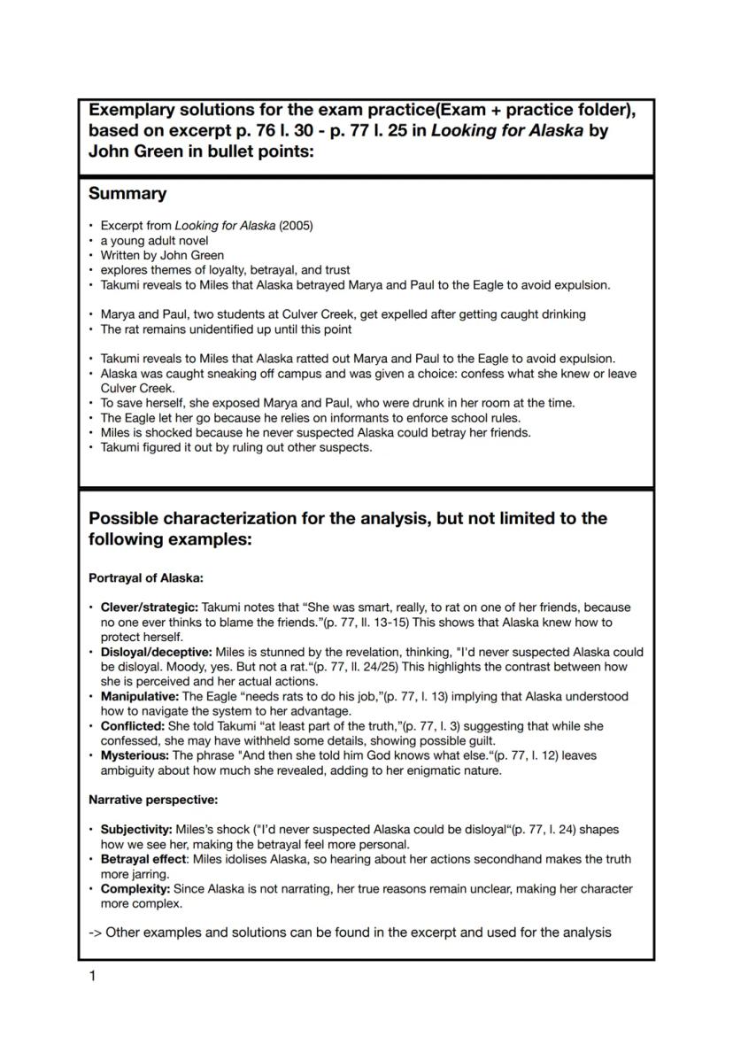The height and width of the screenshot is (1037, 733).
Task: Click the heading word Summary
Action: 127,194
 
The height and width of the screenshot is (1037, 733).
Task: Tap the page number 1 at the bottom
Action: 93,976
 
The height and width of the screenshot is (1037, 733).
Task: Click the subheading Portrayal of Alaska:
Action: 146,578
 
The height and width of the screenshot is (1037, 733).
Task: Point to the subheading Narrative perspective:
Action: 153,801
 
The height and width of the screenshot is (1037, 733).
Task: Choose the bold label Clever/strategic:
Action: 150,607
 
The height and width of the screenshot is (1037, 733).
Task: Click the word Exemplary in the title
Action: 136,111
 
